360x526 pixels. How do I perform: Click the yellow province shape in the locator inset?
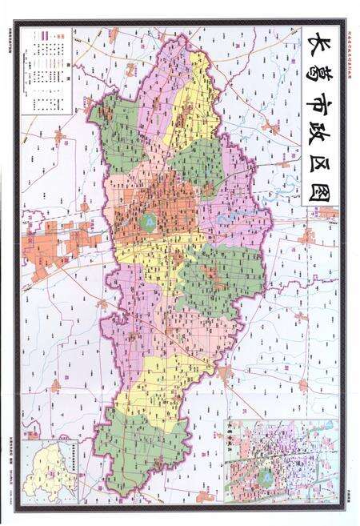pos(43,472)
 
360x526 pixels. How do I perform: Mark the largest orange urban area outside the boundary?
pos(60,244)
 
